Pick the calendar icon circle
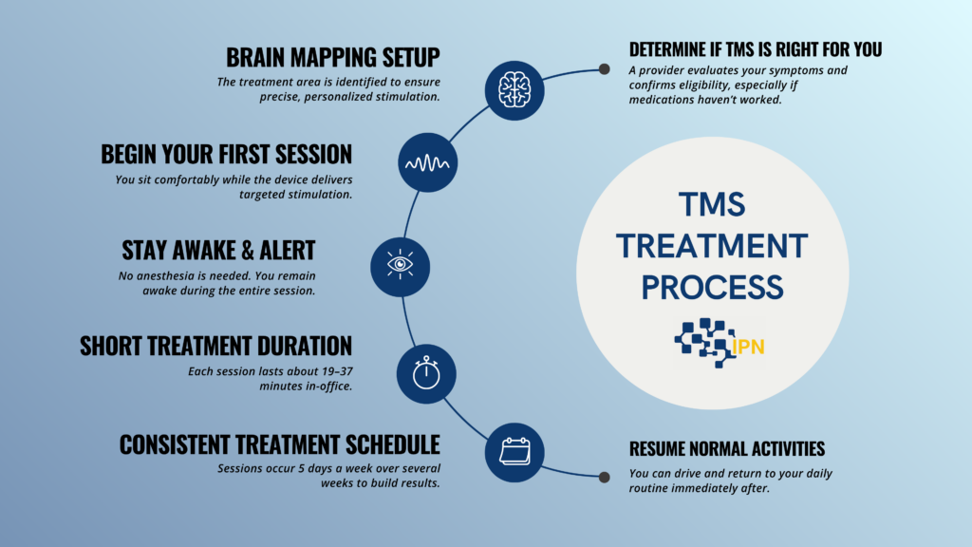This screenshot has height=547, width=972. (x=514, y=451)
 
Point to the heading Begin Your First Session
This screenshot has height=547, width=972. (x=227, y=153)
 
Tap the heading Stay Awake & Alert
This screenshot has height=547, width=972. (x=218, y=251)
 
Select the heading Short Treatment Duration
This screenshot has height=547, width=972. (x=215, y=344)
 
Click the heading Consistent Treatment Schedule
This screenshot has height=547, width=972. (x=279, y=443)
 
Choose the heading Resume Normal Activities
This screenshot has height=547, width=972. (x=727, y=449)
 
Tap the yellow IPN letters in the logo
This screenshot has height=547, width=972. (x=749, y=348)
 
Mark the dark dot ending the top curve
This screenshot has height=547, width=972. (x=604, y=69)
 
